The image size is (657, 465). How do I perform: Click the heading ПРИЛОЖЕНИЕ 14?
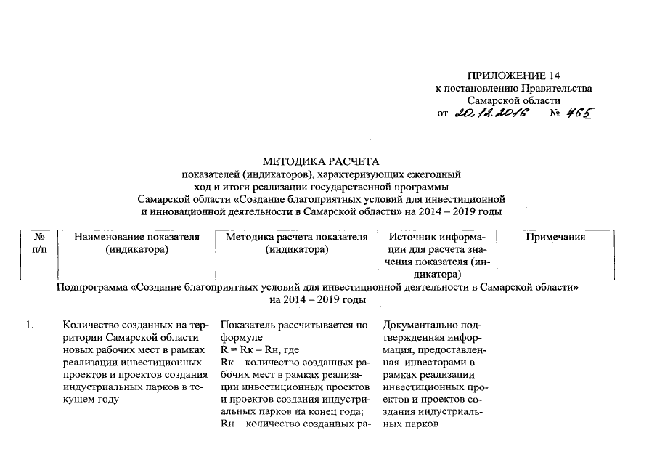[x=513, y=76]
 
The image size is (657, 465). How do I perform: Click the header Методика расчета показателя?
[x=296, y=237]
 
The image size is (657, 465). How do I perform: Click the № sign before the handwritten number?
[x=555, y=113]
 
